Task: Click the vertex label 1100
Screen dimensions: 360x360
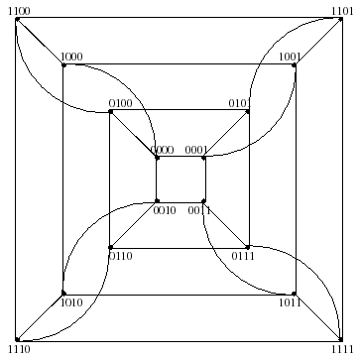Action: pyautogui.click(x=17, y=9)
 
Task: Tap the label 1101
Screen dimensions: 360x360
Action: pyautogui.click(x=342, y=9)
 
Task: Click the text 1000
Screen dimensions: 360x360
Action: pyautogui.click(x=71, y=57)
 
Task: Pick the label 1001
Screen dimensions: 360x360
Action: pyautogui.click(x=289, y=57)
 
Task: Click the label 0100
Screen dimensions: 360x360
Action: pyautogui.click(x=119, y=102)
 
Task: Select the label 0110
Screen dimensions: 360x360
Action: pyautogui.click(x=120, y=256)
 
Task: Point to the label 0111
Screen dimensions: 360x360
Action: pyautogui.click(x=243, y=256)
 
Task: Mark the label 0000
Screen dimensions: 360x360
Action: pyautogui.click(x=163, y=150)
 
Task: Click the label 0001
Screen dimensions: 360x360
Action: pyautogui.click(x=197, y=150)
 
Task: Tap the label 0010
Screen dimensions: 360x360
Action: pyautogui.click(x=165, y=209)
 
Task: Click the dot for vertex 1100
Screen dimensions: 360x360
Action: pyautogui.click(x=17, y=18)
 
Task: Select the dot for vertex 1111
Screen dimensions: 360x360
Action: pyautogui.click(x=342, y=340)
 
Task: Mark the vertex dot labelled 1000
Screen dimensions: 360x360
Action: pyautogui.click(x=63, y=65)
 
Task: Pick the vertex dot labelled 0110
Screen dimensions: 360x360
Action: pyautogui.click(x=110, y=247)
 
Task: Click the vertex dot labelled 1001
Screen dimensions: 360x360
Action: pyautogui.click(x=296, y=65)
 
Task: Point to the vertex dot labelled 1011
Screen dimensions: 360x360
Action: pyautogui.click(x=296, y=294)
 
